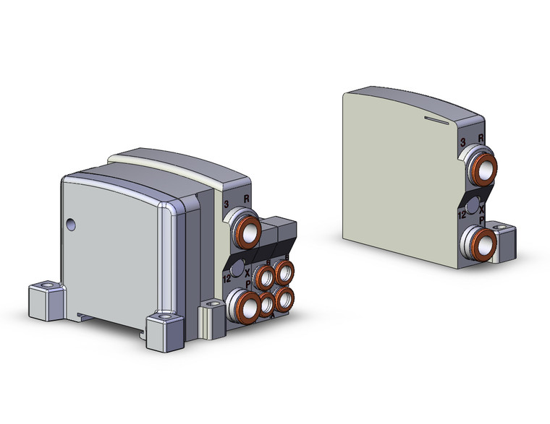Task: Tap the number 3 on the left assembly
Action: pyautogui.click(x=227, y=204)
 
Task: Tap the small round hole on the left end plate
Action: pyautogui.click(x=70, y=225)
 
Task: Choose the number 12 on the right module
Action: pyautogui.click(x=462, y=212)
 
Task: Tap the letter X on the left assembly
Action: pyautogui.click(x=247, y=274)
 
